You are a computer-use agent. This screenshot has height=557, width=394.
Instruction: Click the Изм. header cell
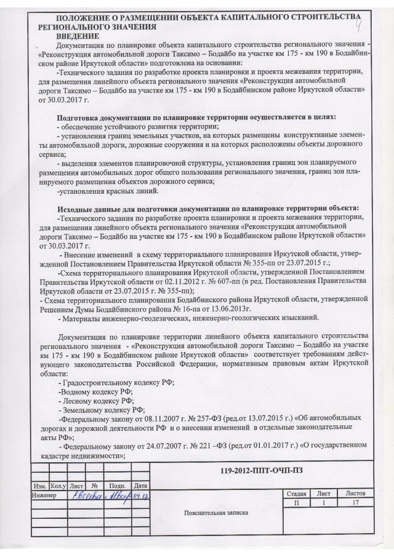(41, 486)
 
